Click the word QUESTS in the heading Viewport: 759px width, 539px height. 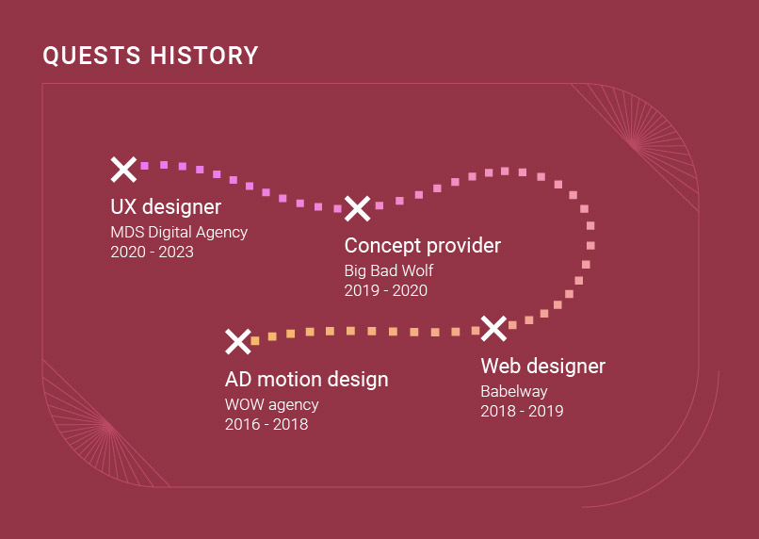(x=91, y=56)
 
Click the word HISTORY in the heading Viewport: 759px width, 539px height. (x=204, y=56)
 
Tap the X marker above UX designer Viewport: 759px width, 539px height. (x=123, y=170)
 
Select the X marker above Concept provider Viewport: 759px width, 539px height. (x=357, y=209)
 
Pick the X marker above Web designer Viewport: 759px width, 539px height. (x=493, y=328)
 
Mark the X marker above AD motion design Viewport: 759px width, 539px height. (x=238, y=341)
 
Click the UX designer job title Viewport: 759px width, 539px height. (x=166, y=206)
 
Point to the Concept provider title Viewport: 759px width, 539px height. (x=423, y=246)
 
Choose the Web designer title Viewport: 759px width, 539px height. (x=543, y=367)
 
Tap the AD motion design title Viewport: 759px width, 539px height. (x=307, y=379)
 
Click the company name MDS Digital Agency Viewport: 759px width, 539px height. (x=179, y=233)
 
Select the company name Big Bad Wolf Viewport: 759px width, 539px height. (x=389, y=270)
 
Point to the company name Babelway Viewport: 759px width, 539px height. (x=514, y=391)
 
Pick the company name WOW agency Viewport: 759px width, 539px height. (x=271, y=404)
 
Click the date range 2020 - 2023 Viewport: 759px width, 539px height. (x=152, y=252)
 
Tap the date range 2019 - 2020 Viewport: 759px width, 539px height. (x=386, y=290)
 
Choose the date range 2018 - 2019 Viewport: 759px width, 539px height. (x=522, y=411)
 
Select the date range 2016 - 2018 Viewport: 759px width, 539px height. (x=266, y=424)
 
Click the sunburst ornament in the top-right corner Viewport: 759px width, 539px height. (x=634, y=143)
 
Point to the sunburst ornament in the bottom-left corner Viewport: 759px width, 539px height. (x=107, y=427)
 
